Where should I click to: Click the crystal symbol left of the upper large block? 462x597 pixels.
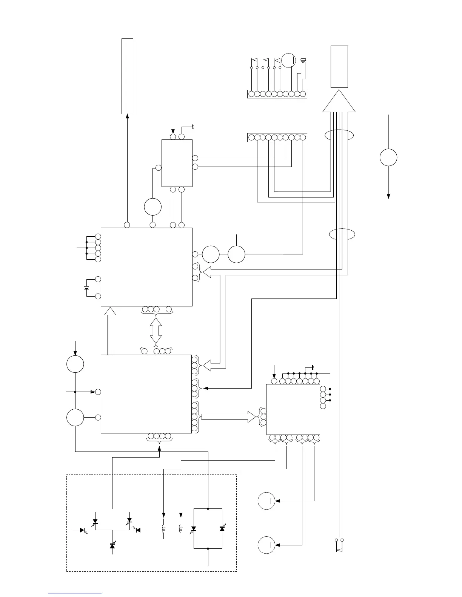coord(87,288)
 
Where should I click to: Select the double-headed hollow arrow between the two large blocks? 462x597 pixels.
coord(156,331)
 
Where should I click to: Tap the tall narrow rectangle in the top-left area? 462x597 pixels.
coord(127,76)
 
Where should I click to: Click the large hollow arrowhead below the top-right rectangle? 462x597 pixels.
coord(339,101)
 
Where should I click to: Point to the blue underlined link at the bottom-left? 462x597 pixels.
coord(75,594)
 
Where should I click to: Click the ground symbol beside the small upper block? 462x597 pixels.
coord(192,127)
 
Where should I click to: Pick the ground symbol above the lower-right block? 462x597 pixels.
coord(312,367)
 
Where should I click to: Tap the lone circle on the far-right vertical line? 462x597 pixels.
coord(388,158)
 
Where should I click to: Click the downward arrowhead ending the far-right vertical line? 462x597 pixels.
coord(388,196)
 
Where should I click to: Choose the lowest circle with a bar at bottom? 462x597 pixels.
coord(266,545)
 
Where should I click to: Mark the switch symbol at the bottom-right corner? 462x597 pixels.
coord(339,545)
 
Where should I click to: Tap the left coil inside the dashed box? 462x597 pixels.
coord(163,529)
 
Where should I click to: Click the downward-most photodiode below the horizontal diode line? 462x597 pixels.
coord(112,546)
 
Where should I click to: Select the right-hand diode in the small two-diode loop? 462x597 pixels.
coord(222,529)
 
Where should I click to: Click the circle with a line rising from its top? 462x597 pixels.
coord(237,254)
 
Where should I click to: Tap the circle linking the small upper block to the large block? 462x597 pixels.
coord(153,207)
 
